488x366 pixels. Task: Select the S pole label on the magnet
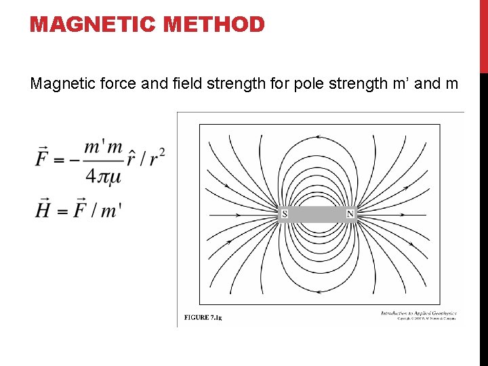tap(285, 214)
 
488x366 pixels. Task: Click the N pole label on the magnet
tap(350, 214)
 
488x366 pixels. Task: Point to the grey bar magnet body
tap(317, 214)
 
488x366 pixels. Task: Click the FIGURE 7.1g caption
tap(203, 317)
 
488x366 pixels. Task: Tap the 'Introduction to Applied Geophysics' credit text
tap(418, 313)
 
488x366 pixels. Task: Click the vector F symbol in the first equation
tap(42, 160)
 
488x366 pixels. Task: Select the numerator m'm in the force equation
tap(103, 147)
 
